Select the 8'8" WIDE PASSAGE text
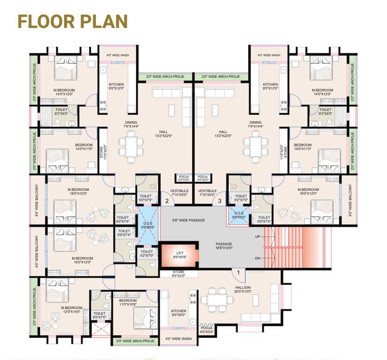[188, 220]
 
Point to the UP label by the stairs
[257, 236]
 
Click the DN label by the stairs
[257, 258]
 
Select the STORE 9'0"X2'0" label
[179, 273]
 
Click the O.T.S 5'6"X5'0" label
[239, 215]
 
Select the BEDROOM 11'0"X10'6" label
[127, 302]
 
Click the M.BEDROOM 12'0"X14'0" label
[71, 309]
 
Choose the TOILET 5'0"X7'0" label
[99, 315]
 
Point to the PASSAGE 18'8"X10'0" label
[224, 246]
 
